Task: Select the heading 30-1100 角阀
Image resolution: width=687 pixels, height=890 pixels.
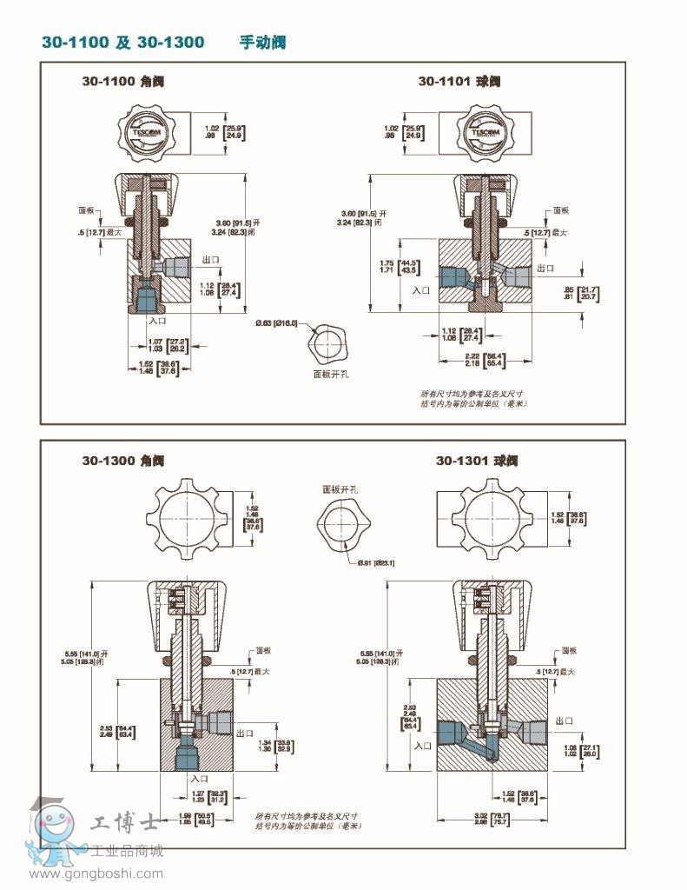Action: [122, 82]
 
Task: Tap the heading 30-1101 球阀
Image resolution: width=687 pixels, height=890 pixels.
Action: [459, 82]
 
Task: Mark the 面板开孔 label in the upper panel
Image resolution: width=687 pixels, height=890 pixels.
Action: [331, 375]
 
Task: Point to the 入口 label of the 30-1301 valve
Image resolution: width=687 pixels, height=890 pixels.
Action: [423, 745]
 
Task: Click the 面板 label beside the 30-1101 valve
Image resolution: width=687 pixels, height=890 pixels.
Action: [562, 210]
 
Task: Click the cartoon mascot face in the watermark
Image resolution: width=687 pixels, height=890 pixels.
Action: [54, 825]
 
